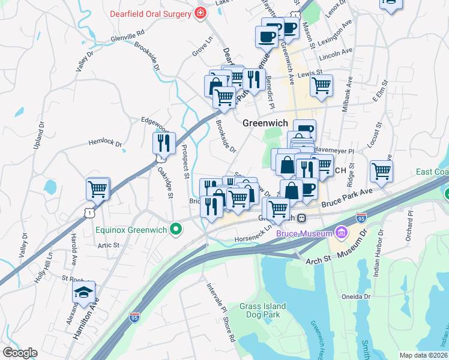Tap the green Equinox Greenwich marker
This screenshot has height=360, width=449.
[176, 229]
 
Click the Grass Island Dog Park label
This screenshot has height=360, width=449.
[263, 310]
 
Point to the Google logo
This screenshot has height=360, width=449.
[19, 353]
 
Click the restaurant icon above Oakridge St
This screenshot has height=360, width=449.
[163, 143]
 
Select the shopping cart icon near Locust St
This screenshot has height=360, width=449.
[381, 171]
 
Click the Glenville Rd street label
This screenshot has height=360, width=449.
[128, 37]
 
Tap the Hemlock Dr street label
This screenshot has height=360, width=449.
[105, 144]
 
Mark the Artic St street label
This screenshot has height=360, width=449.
[109, 245]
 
